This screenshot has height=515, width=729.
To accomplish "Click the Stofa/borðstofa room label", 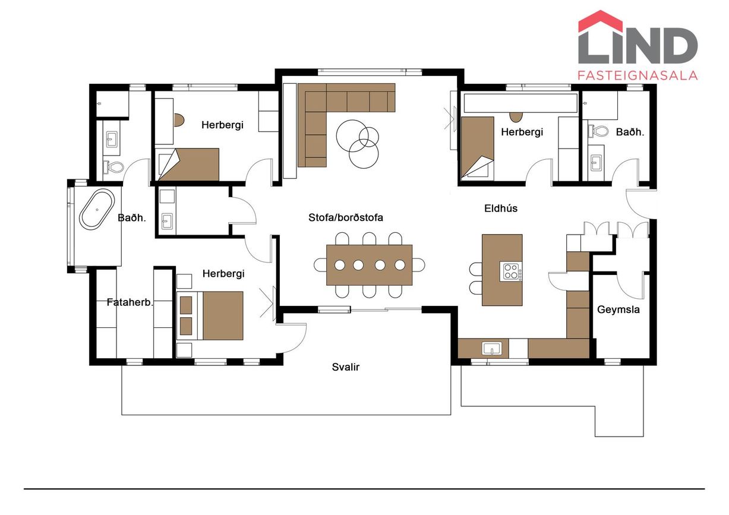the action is (x=346, y=217).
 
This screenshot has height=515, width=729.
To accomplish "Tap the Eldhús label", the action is (x=500, y=208).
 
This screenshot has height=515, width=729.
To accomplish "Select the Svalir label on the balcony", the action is (x=346, y=367).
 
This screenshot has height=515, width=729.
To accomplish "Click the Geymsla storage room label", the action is (x=618, y=309).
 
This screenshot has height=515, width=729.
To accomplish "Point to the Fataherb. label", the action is (x=130, y=302).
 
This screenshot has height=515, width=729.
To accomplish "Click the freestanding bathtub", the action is (x=97, y=209).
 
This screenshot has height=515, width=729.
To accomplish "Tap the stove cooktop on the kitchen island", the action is (x=511, y=272).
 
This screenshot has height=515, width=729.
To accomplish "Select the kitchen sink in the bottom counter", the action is (x=492, y=349).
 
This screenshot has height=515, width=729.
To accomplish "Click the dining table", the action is (x=370, y=265).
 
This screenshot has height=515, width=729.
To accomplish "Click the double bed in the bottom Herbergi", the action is (x=210, y=315).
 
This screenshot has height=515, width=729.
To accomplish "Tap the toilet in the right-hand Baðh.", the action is (x=598, y=131).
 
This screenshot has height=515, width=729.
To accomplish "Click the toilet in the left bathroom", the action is (x=113, y=168).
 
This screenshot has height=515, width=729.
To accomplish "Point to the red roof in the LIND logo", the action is (x=601, y=21).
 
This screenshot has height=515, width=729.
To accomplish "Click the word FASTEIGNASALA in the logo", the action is (x=638, y=75).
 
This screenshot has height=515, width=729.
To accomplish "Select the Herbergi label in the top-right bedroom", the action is (x=522, y=132).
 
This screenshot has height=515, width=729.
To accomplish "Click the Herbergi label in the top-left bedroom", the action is (x=222, y=125).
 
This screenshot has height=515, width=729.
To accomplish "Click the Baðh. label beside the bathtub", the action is (x=132, y=217).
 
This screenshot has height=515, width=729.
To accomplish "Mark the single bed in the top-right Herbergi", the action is (x=478, y=148).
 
